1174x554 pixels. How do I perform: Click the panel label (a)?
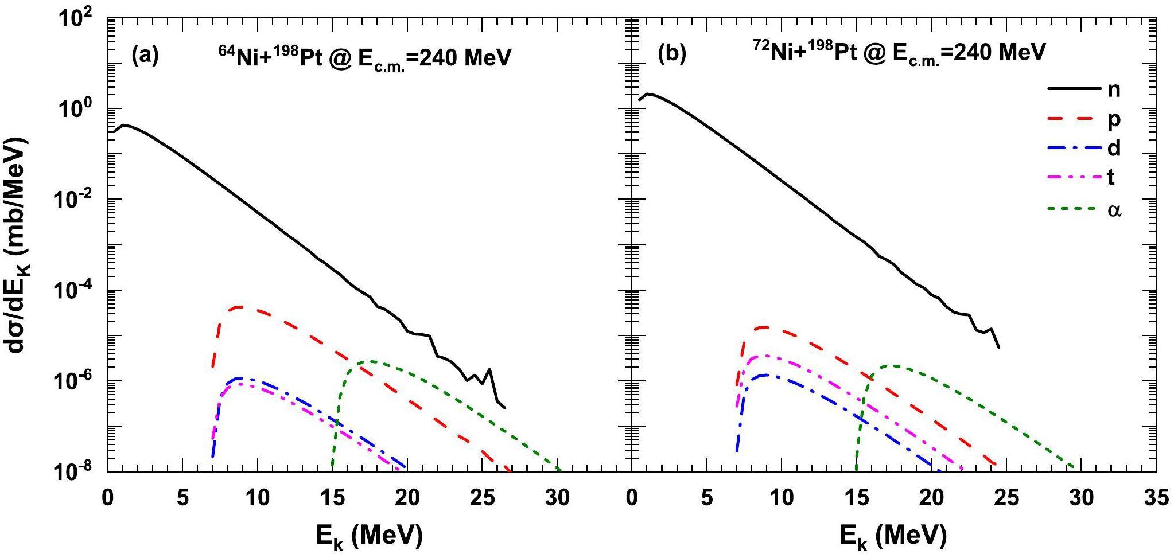pyautogui.click(x=145, y=56)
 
